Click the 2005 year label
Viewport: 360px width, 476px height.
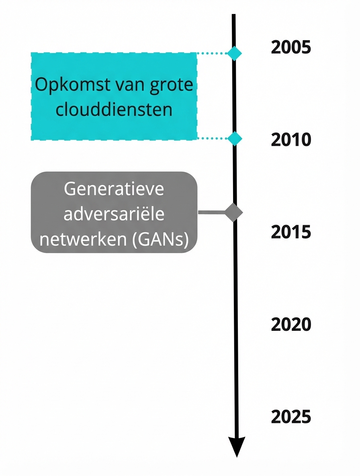tap(291, 47)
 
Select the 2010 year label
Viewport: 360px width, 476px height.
tap(291, 140)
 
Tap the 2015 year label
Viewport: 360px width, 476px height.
tap(291, 232)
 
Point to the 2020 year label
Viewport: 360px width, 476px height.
tap(291, 324)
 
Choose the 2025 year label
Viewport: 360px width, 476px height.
tap(291, 416)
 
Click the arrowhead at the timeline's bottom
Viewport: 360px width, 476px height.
tap(237, 446)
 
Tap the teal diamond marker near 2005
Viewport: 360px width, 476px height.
tap(234, 53)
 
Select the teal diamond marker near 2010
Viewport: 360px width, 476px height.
tap(234, 138)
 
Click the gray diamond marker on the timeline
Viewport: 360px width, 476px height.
tap(234, 213)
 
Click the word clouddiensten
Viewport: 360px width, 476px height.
tap(114, 109)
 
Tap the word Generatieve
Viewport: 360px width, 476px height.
tap(114, 189)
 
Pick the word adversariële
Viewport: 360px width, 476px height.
tap(114, 214)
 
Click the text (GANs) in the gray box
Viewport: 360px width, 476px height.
tap(160, 239)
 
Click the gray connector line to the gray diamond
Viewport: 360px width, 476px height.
tap(212, 213)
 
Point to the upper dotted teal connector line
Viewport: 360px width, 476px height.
tap(212, 53)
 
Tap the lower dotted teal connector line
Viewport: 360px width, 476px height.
tap(212, 138)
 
